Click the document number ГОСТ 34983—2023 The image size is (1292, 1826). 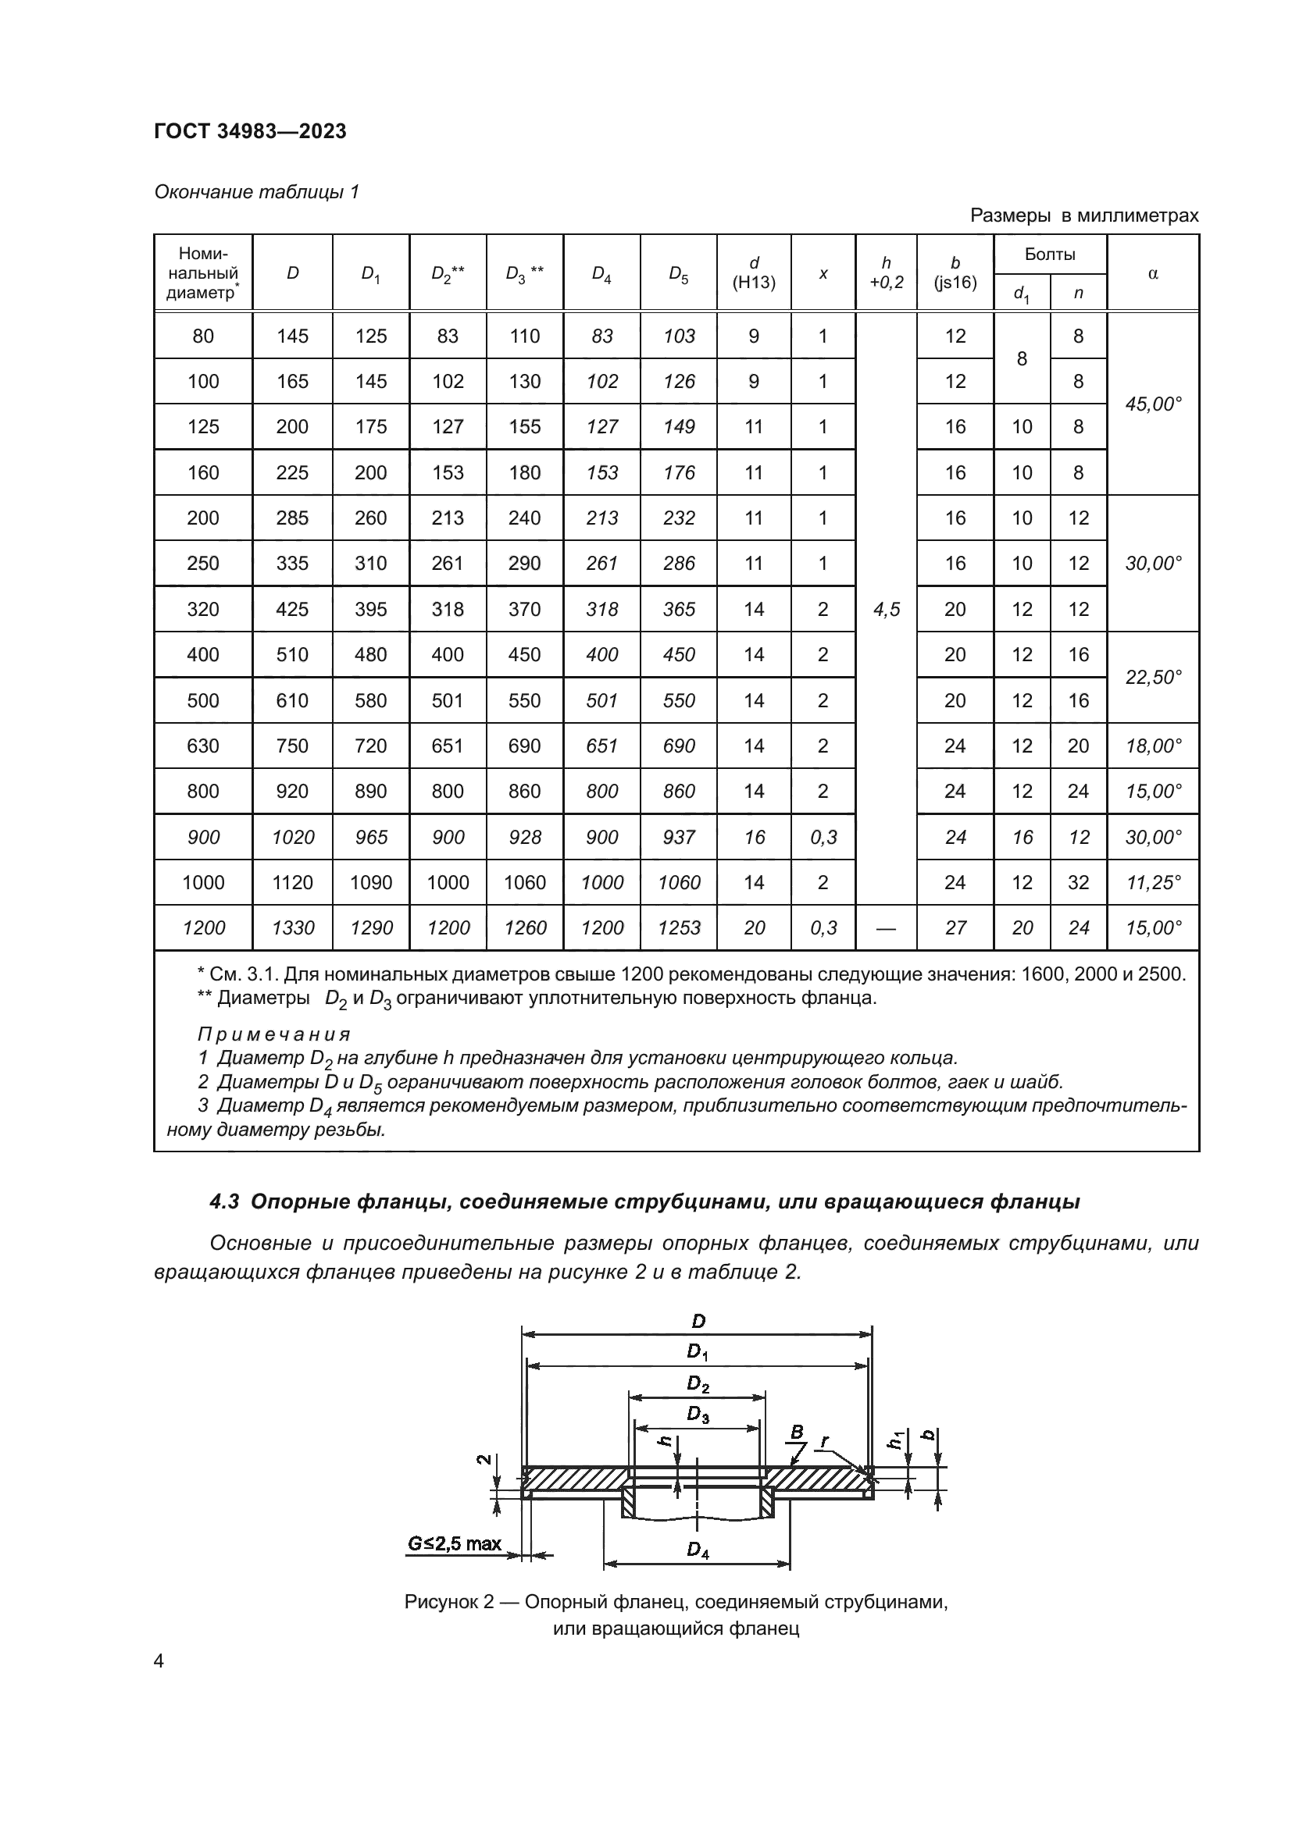point(250,132)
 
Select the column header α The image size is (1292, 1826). point(1153,273)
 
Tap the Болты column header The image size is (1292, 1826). point(1049,255)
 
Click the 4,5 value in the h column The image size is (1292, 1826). point(887,609)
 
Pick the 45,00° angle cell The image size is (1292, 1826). point(1153,404)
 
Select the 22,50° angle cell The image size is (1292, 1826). point(1153,678)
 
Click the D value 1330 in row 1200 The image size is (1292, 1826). point(293,928)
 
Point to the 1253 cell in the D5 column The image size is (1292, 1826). point(679,928)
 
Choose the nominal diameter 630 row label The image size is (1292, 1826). point(203,746)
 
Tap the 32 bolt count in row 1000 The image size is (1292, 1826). point(1078,883)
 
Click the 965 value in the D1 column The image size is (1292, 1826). point(371,838)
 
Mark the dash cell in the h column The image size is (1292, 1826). point(886,928)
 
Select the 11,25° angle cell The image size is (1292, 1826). point(1153,883)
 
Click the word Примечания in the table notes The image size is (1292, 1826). point(273,1034)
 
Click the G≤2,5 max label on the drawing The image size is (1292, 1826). point(455,1543)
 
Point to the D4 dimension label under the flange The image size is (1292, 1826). point(697,1549)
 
